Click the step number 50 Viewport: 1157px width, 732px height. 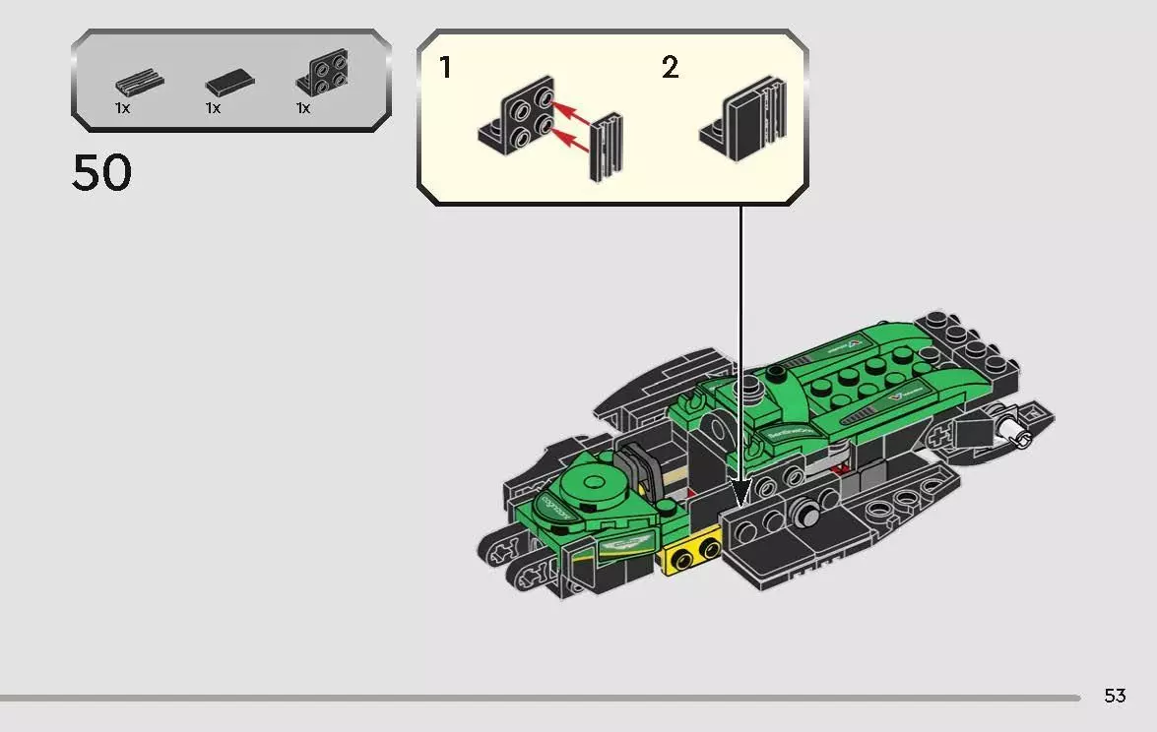[x=101, y=173]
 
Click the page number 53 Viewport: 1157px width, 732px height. [x=1114, y=696]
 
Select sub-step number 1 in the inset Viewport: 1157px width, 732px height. [x=445, y=68]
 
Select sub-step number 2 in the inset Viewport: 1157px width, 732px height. [x=670, y=68]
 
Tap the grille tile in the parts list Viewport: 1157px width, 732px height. [x=139, y=84]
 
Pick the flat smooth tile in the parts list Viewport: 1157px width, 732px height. [x=228, y=84]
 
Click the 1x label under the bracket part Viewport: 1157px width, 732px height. [x=303, y=108]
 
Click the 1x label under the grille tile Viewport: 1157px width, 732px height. [x=122, y=108]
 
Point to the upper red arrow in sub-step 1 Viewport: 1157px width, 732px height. [x=572, y=111]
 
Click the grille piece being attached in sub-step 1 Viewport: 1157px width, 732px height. [x=606, y=148]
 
